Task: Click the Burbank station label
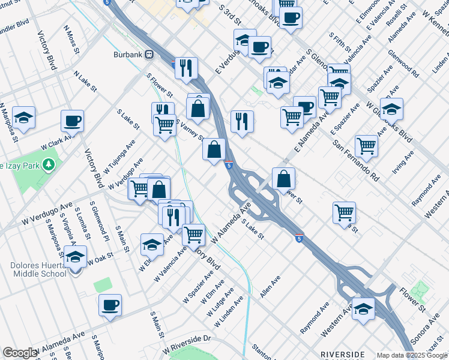click(x=127, y=54)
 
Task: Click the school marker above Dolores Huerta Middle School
click(x=75, y=258)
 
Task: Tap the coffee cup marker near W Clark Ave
click(x=72, y=121)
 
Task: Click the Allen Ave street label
click(x=270, y=287)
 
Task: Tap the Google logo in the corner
click(x=20, y=353)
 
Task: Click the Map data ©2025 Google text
click(x=411, y=355)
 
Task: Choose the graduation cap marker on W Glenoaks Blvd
click(x=391, y=109)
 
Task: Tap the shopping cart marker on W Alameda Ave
click(x=193, y=234)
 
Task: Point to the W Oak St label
click(x=100, y=260)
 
